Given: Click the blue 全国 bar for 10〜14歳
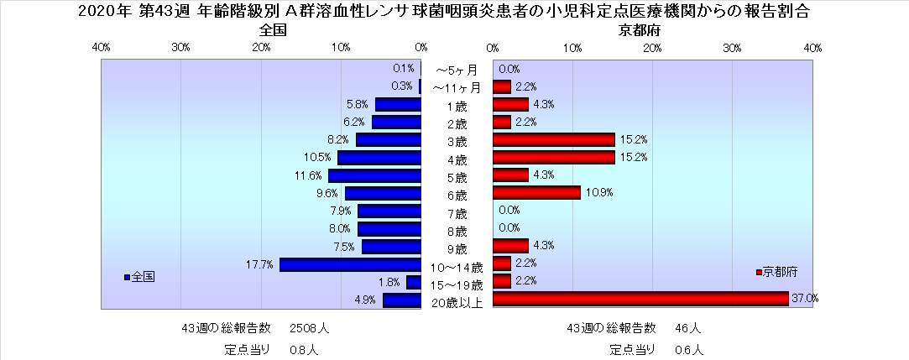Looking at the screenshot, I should (x=350, y=264).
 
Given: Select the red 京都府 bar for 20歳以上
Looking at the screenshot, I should (x=640, y=299).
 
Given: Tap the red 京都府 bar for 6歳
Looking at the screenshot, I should (x=536, y=192).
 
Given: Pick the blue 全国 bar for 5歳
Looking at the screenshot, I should (x=374, y=175).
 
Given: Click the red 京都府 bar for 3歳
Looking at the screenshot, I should (x=553, y=140).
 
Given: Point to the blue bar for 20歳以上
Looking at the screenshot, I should (x=401, y=300).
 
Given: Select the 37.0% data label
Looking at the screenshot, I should (x=805, y=299).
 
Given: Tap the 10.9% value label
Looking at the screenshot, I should (x=599, y=192).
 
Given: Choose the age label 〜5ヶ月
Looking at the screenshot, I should (x=456, y=70).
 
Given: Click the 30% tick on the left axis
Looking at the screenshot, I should (x=180, y=48).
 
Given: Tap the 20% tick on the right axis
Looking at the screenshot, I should (x=653, y=48).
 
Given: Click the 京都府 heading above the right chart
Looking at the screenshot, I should (x=635, y=30).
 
